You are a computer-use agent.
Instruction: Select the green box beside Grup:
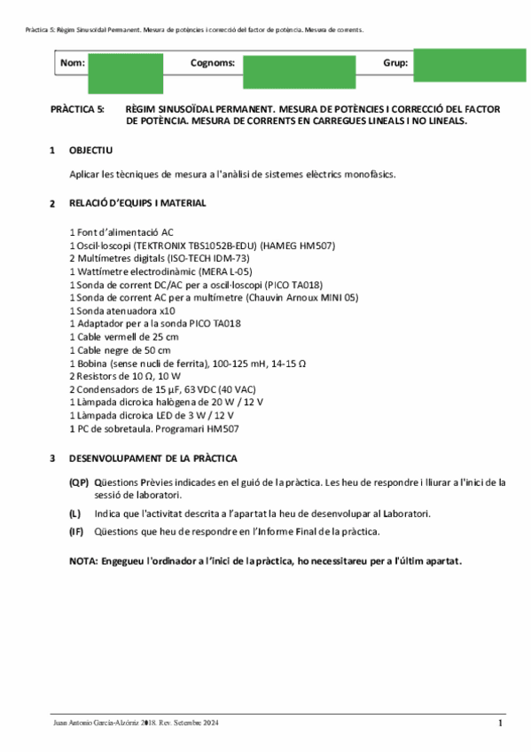470,65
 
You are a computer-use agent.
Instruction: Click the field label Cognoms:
213,63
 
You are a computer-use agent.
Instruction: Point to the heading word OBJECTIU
90,151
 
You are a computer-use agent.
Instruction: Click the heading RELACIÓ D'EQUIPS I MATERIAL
137,203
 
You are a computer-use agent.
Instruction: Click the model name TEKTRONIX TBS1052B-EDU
190,245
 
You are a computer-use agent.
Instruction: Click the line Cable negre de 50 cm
122,350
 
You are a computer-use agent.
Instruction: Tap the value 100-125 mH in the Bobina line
228,364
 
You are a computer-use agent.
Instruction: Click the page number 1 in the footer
500,724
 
